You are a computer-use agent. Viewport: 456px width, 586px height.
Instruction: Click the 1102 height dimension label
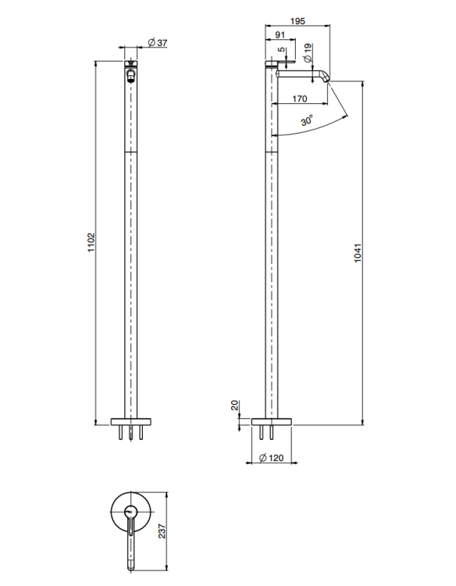point(92,242)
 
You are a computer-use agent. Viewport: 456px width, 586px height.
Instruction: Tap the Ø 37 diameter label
point(158,43)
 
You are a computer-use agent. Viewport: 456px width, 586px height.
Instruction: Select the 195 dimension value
point(297,21)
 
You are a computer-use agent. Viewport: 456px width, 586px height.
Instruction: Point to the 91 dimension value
point(280,34)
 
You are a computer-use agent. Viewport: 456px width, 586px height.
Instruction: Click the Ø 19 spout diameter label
point(308,52)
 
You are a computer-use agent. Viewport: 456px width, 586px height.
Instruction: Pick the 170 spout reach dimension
point(300,98)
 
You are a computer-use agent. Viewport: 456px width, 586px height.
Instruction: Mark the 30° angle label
point(307,120)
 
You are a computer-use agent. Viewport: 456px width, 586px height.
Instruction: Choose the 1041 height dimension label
point(358,253)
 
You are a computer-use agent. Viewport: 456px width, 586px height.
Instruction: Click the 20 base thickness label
point(234,406)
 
